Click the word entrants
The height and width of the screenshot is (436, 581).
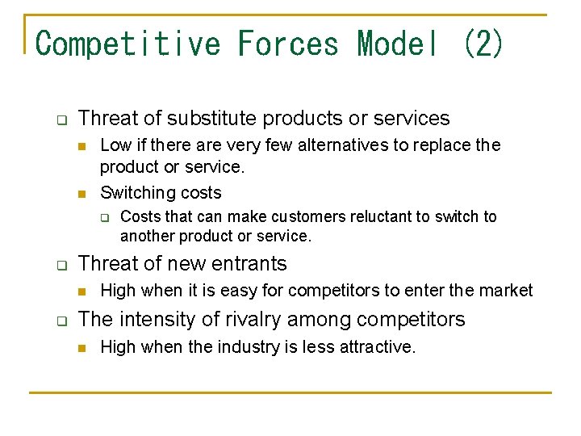pyautogui.click(x=250, y=264)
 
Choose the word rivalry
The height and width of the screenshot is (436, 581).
pyautogui.click(x=242, y=320)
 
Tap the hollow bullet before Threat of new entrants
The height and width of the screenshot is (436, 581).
pyautogui.click(x=61, y=265)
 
